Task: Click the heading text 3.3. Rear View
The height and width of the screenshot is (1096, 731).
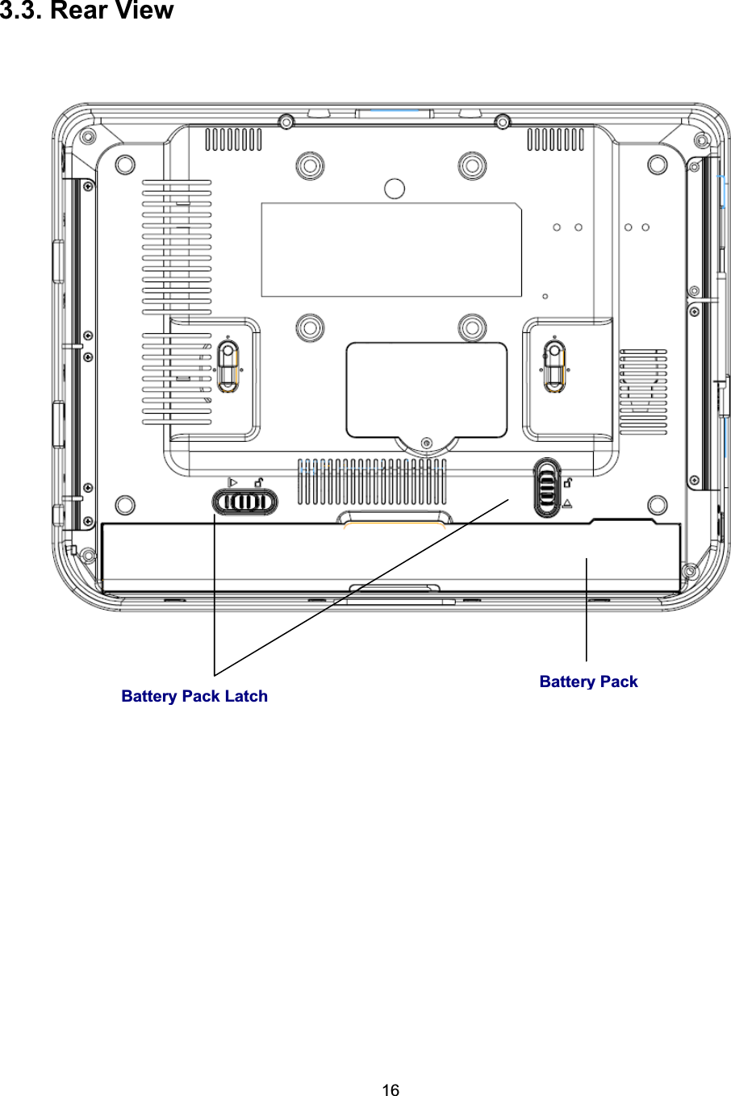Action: coord(86,11)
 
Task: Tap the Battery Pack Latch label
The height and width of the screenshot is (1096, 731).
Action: coord(194,696)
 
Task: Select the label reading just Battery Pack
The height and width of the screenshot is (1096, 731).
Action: coord(588,681)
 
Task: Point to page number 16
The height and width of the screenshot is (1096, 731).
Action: coord(390,1090)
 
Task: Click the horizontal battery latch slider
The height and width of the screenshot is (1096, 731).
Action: coord(244,502)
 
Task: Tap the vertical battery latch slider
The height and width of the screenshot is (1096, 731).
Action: coord(546,488)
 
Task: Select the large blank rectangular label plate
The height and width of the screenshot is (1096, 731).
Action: coord(391,250)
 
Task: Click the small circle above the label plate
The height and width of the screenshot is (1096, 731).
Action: coord(394,189)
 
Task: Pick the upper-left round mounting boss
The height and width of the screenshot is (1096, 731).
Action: coord(308,166)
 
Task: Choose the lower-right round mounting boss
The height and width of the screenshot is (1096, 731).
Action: coord(471,327)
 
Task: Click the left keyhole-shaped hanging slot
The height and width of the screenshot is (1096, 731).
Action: coord(228,366)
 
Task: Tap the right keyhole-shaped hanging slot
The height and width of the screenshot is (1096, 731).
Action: coord(553,365)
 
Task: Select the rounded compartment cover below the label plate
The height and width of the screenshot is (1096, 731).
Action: coord(426,390)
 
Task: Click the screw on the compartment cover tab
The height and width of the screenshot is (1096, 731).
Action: coord(427,442)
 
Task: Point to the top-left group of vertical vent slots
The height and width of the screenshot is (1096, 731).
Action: coord(233,140)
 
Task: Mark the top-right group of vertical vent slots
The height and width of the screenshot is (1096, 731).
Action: coord(555,140)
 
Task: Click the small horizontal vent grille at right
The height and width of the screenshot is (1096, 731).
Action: coord(643,381)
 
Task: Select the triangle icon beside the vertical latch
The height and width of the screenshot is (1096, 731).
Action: coord(568,503)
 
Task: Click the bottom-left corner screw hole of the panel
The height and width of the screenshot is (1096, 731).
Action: coord(125,506)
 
